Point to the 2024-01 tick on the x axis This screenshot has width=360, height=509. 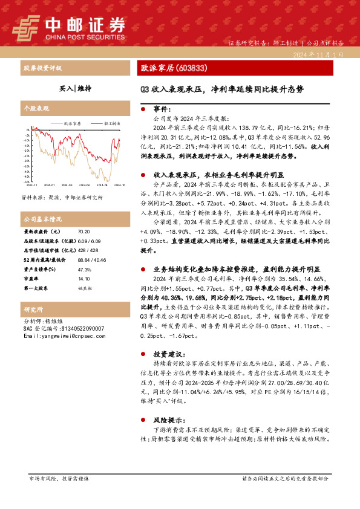pos(49,184)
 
